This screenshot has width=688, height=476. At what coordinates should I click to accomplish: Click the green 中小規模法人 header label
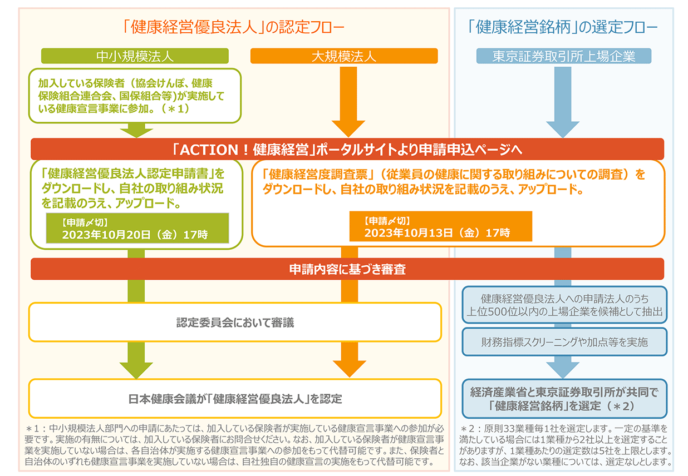(x=135, y=56)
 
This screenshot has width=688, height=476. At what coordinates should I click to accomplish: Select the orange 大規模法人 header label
(x=344, y=56)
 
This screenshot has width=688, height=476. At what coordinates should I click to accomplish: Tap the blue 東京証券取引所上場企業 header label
(x=564, y=56)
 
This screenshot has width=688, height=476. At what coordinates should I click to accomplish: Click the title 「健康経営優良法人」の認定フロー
(x=233, y=26)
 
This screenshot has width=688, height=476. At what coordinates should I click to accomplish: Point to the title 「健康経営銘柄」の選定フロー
(x=563, y=26)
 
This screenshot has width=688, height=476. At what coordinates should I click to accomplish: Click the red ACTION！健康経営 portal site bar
(x=347, y=149)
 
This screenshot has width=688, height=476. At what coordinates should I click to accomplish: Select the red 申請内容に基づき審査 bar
(x=347, y=269)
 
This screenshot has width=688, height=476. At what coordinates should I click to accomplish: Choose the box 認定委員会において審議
(x=234, y=322)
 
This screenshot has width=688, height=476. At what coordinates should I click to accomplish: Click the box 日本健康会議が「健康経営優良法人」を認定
(x=234, y=398)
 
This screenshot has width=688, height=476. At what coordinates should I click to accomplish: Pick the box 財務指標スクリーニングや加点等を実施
(x=564, y=342)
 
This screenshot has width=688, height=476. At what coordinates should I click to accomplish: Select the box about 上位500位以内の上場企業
(x=564, y=305)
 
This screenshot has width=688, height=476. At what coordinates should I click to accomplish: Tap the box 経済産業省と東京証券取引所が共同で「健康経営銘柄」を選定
(x=564, y=399)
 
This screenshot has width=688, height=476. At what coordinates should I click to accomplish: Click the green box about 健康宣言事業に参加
(x=135, y=95)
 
